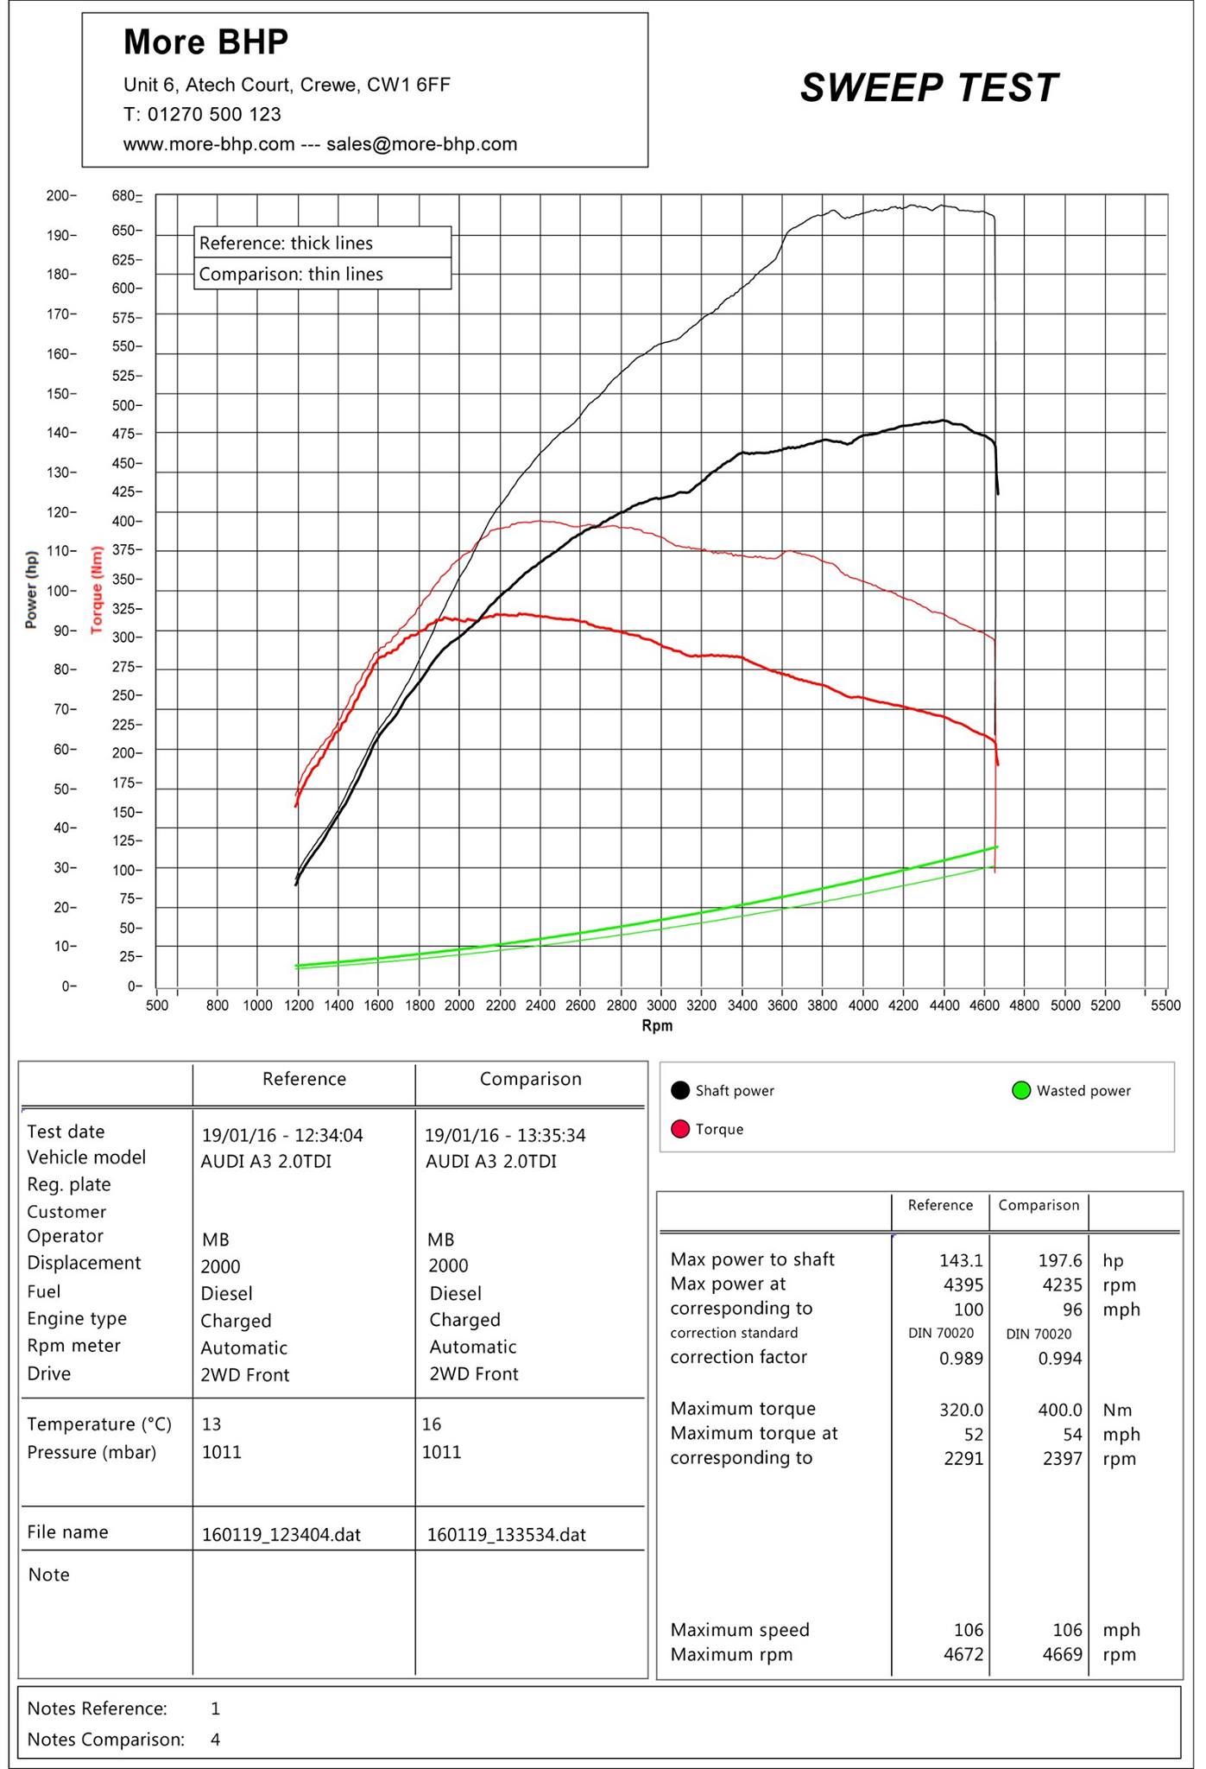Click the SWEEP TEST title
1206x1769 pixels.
click(929, 88)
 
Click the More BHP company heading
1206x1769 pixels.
click(206, 41)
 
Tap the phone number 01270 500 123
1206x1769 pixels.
click(214, 114)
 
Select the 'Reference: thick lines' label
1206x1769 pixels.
click(286, 243)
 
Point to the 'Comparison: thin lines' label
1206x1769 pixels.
click(291, 274)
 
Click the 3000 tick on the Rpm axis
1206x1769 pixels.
click(661, 1005)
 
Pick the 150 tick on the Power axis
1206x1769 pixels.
click(61, 394)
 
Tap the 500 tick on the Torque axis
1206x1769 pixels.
click(127, 405)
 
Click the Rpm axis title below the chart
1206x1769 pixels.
click(657, 1025)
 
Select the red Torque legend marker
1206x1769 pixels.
click(680, 1129)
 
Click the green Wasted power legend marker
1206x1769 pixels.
click(1021, 1090)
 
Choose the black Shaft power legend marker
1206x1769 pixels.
click(680, 1090)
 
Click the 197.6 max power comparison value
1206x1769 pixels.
click(1060, 1260)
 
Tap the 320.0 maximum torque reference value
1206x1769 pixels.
click(962, 1410)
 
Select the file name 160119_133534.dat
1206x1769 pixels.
click(507, 1535)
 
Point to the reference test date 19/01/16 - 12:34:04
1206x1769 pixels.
click(282, 1135)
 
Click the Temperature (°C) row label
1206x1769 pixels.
click(99, 1424)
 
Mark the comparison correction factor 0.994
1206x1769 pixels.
click(1060, 1358)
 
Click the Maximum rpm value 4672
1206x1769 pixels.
click(963, 1654)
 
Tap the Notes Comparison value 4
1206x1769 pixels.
click(216, 1739)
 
